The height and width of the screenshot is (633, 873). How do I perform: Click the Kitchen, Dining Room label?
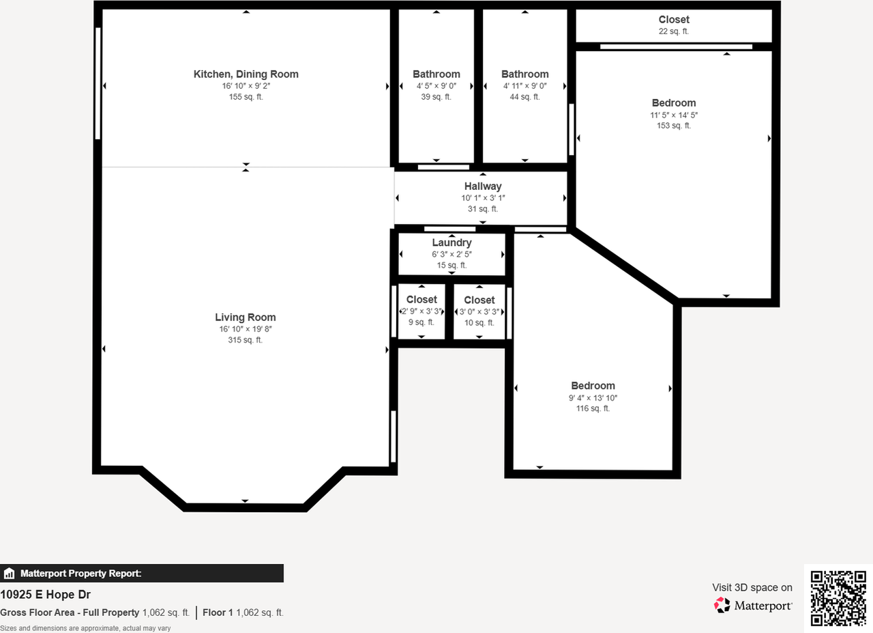[x=246, y=74]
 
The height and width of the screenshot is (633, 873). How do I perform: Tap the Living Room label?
[x=246, y=317]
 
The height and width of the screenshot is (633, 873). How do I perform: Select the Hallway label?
[x=483, y=186]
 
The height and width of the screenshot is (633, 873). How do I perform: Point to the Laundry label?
[x=452, y=242]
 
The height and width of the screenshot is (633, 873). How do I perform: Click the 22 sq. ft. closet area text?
[x=674, y=31]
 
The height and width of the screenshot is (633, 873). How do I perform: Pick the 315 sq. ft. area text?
[x=246, y=340]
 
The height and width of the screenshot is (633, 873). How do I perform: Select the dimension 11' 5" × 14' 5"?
[x=674, y=115]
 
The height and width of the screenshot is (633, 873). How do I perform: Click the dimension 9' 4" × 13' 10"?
[x=593, y=397]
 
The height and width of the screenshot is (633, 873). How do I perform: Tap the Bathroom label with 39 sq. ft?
[x=436, y=74]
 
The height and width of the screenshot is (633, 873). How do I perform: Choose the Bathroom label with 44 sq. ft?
[x=524, y=74]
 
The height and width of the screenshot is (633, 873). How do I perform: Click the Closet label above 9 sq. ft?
[x=421, y=300]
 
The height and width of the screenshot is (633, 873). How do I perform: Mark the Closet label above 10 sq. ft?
[x=479, y=300]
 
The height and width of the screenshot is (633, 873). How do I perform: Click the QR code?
[x=838, y=598]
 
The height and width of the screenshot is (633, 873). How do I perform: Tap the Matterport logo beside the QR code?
[x=753, y=605]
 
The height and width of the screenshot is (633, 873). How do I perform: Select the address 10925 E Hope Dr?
[x=46, y=595]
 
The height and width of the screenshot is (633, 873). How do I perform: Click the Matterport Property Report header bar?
[x=142, y=574]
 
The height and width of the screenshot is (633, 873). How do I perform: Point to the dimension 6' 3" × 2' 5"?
[x=452, y=254]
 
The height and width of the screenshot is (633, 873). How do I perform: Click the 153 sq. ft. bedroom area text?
[x=674, y=126]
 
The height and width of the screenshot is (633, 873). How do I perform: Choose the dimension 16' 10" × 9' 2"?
[x=246, y=86]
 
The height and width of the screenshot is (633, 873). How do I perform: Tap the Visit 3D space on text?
[x=752, y=587]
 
